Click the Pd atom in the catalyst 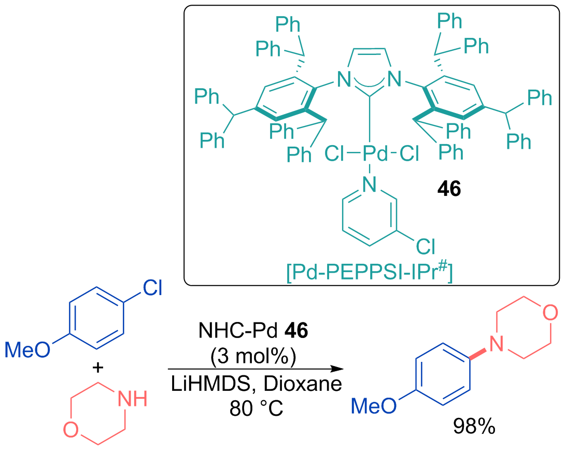375,154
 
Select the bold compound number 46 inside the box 449,188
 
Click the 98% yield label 474,427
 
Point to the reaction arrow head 337,369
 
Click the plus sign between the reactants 97,368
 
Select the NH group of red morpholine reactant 133,399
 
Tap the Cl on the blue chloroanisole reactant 152,288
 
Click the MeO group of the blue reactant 27,349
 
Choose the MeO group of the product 374,406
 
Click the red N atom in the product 496,343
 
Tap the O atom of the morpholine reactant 71,430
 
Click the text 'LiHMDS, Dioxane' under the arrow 256,384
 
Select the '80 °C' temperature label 256,409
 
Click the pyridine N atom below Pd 370,185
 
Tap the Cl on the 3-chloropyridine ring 426,246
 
